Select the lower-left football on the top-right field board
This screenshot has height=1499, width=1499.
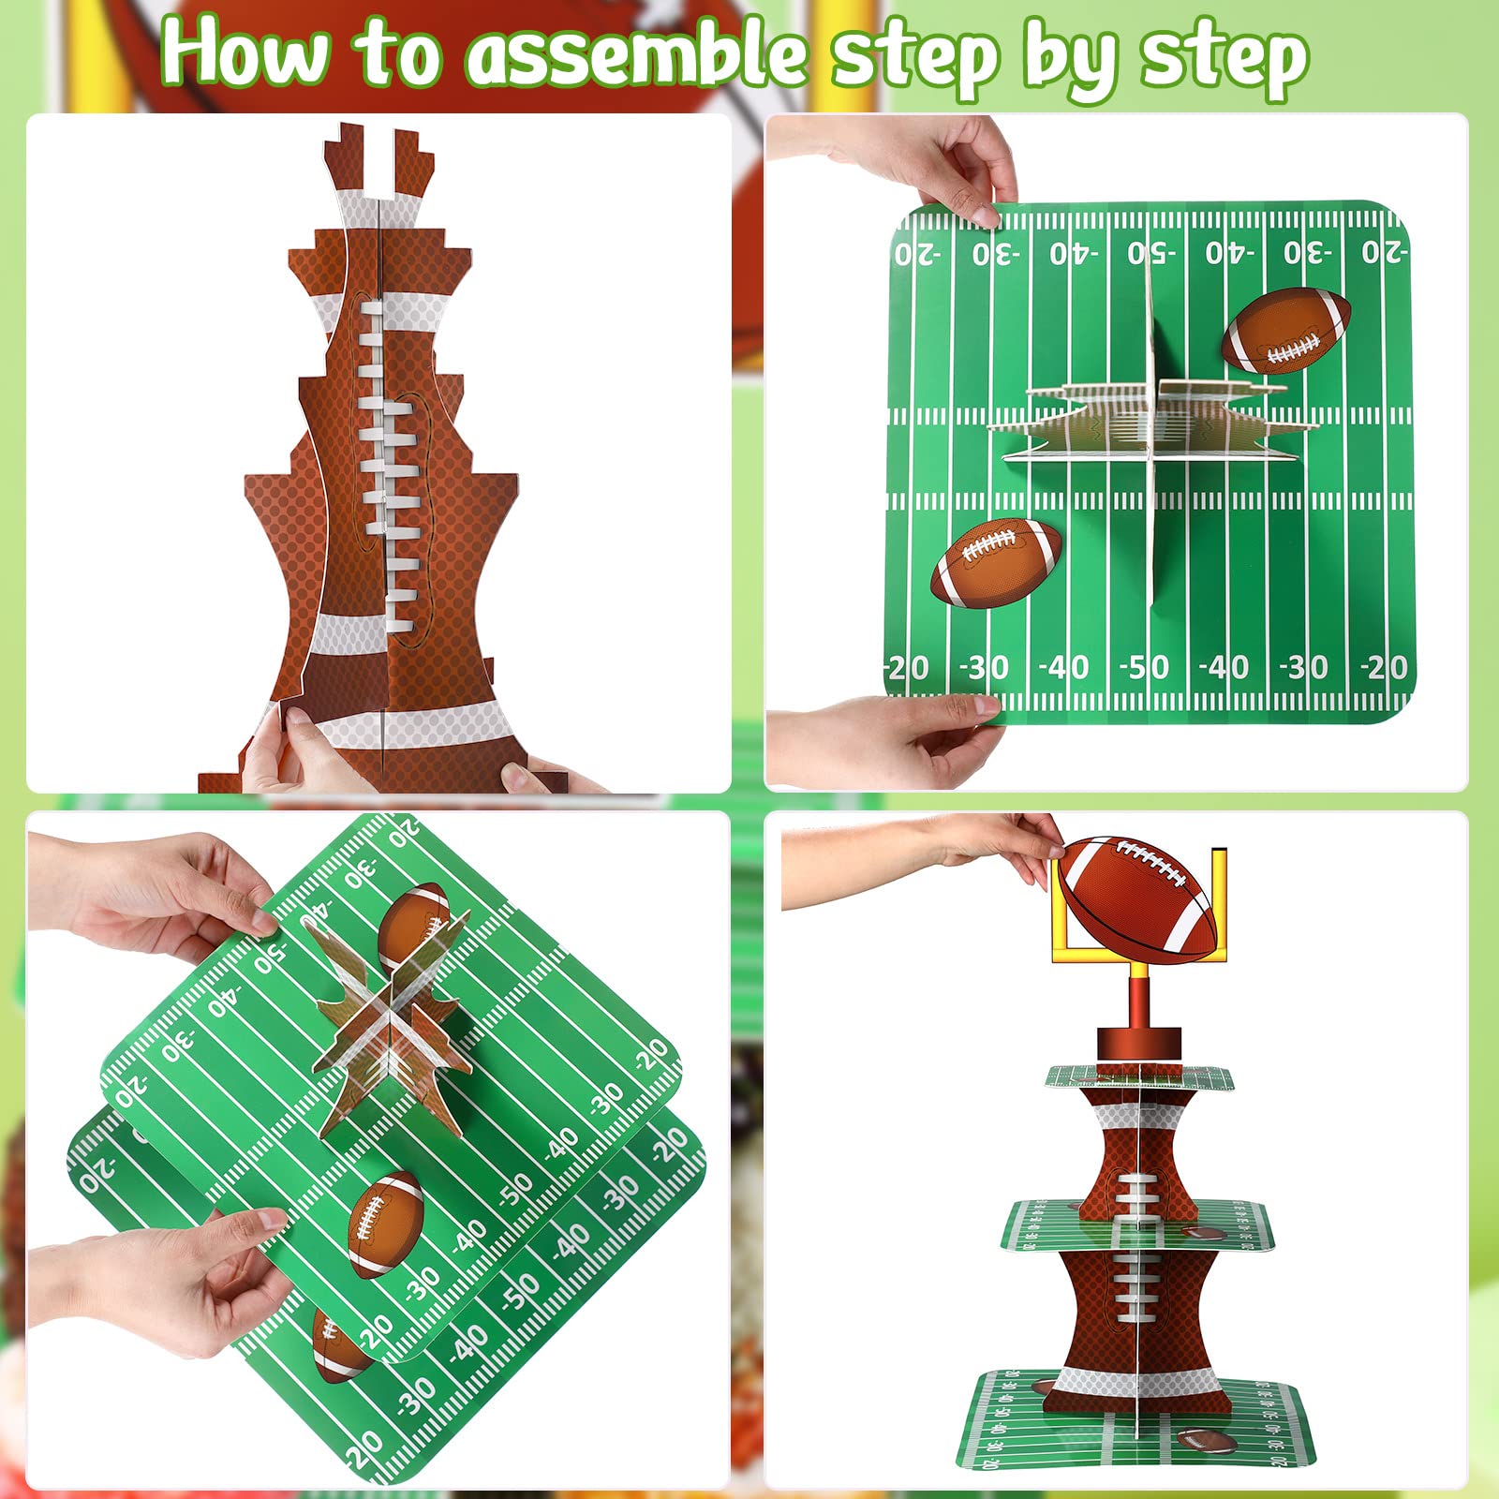[997, 562]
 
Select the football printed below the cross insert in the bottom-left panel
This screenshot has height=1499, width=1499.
[385, 1223]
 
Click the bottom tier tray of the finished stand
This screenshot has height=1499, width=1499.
[1134, 1419]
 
